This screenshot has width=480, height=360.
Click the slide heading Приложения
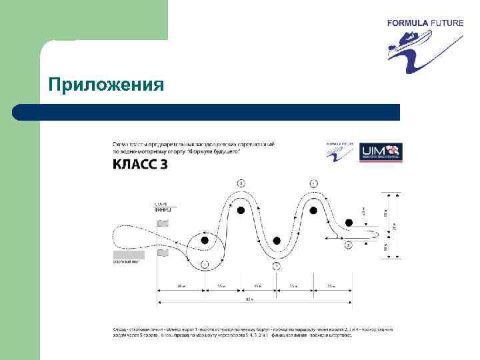coord(106,85)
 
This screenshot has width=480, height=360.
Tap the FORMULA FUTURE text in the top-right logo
coord(425,23)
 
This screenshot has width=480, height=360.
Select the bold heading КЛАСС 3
coord(140,164)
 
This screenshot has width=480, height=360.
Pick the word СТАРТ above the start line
coord(161,203)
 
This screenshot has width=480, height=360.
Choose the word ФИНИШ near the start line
coord(163,209)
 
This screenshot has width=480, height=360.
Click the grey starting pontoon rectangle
coord(128,255)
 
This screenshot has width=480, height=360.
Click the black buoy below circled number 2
coord(241,211)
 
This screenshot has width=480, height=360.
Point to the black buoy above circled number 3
coord(277,241)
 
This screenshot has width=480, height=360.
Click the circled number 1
coord(205,265)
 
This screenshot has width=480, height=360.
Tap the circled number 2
coord(241,183)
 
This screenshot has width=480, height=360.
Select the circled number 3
coord(277,266)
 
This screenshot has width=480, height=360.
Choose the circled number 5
coord(348,245)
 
